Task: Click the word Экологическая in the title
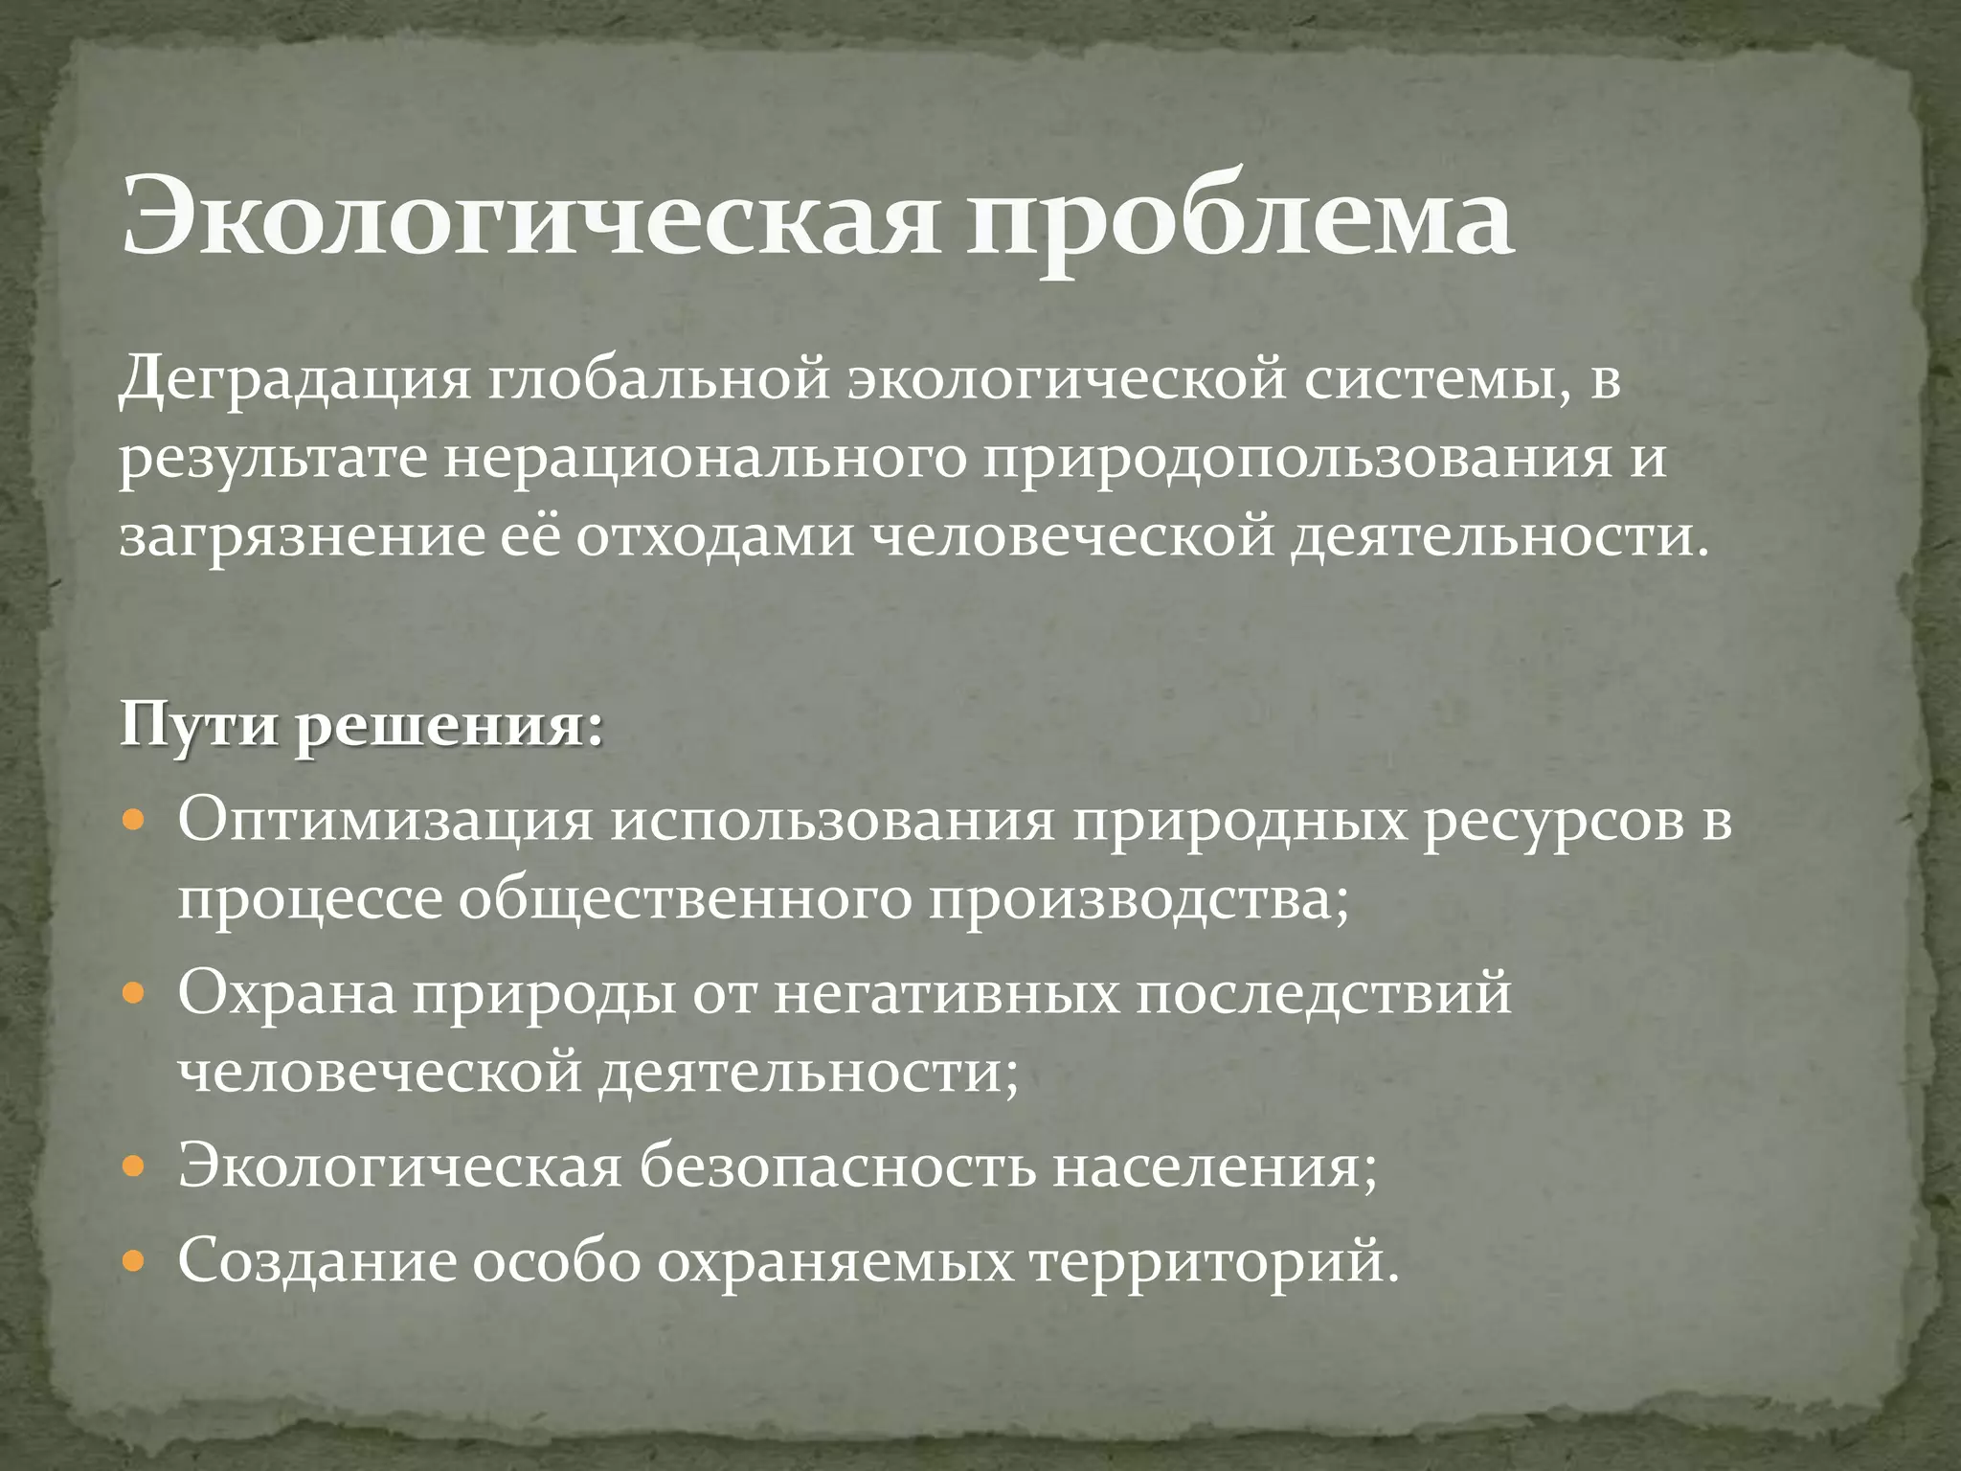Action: (x=530, y=218)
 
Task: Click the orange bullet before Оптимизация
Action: (x=134, y=823)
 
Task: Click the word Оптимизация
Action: (x=385, y=822)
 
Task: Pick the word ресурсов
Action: (x=1551, y=822)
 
